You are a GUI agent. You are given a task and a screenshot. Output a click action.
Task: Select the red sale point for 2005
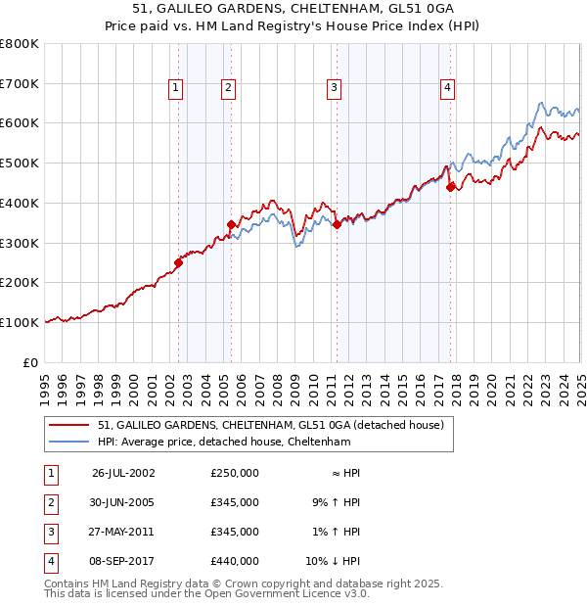(x=232, y=225)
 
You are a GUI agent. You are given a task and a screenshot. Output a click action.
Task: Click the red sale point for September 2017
(x=450, y=187)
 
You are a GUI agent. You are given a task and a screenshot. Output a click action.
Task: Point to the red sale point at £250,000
(x=179, y=262)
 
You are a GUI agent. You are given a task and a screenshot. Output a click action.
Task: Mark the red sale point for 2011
(x=337, y=224)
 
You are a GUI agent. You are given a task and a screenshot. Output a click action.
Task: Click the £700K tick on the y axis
(x=19, y=84)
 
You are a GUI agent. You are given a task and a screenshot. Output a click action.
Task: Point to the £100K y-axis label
(x=19, y=322)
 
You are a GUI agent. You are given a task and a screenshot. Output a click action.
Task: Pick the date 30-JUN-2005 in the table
(x=123, y=502)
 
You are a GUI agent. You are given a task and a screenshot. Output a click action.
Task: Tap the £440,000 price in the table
(x=234, y=561)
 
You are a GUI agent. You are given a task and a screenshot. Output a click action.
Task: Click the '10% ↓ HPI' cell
(x=334, y=561)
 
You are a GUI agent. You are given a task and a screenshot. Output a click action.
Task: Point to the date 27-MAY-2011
(x=123, y=532)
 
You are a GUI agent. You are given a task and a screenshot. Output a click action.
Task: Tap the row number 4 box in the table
(x=50, y=561)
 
